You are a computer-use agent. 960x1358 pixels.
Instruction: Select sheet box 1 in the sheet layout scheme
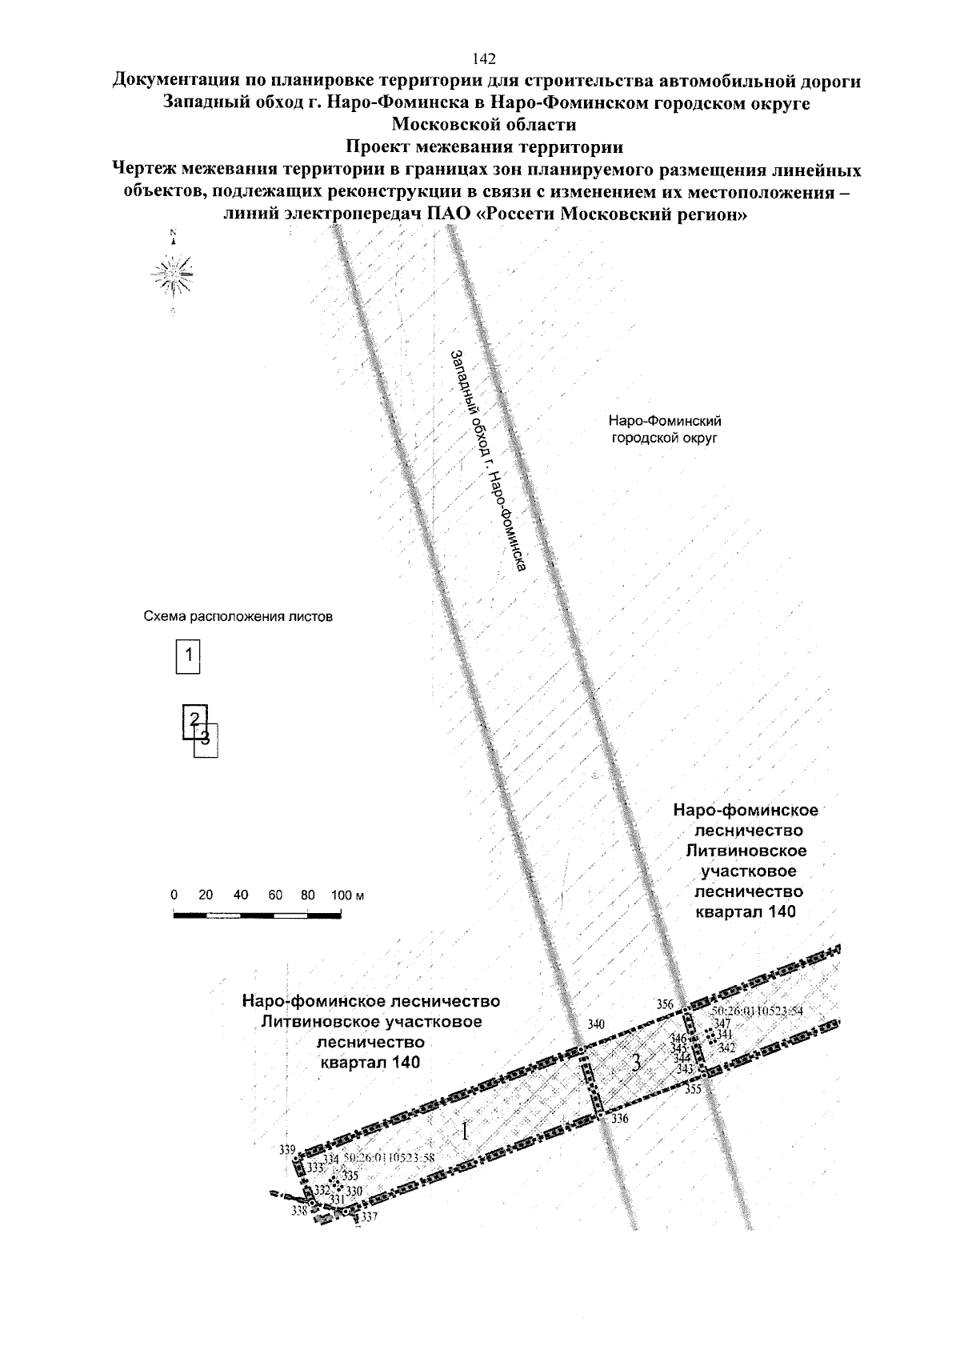click(x=188, y=655)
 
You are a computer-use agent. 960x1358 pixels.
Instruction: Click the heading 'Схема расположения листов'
click(x=237, y=617)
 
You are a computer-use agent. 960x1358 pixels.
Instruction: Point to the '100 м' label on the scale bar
click(x=348, y=895)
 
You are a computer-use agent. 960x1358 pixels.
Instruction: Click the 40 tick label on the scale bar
click(x=242, y=895)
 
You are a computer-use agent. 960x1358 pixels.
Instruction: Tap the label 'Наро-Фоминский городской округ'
click(x=666, y=429)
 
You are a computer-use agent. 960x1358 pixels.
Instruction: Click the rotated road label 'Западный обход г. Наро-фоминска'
click(x=486, y=461)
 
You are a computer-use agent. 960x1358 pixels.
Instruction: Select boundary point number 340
click(x=596, y=1024)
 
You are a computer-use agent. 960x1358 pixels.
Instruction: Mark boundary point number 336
click(x=620, y=1119)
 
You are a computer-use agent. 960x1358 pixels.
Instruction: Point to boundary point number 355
click(x=693, y=1089)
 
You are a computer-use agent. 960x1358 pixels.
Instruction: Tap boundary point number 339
click(x=287, y=1150)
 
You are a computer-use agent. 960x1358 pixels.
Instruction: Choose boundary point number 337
click(x=369, y=1217)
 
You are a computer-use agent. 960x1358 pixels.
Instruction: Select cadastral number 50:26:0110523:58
click(x=389, y=1159)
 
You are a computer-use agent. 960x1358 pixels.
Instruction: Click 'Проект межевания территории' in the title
click(x=484, y=147)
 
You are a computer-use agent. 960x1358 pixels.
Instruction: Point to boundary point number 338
click(x=299, y=1211)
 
